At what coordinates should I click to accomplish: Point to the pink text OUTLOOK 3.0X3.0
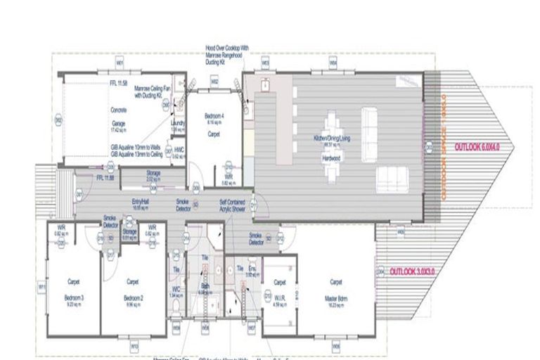(412, 271)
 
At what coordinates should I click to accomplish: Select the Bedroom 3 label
(72, 298)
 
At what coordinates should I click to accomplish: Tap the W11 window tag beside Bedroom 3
(41, 288)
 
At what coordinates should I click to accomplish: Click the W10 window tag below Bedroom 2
(134, 346)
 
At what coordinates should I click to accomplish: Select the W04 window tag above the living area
(333, 63)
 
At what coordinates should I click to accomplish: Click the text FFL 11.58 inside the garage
(117, 83)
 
